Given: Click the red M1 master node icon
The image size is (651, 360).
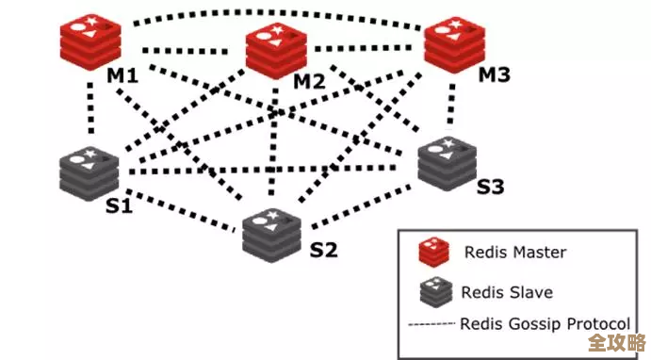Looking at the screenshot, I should [x=90, y=39].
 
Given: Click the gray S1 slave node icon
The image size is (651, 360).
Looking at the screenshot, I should [x=88, y=172].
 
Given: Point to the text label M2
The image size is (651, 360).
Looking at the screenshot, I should [x=309, y=81].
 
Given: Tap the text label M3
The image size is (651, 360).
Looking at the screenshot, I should [x=496, y=74].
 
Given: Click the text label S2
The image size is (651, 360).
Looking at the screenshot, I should [x=323, y=251].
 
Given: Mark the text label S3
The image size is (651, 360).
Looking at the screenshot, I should [x=490, y=187].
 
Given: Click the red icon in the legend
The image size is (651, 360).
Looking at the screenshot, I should [x=432, y=252].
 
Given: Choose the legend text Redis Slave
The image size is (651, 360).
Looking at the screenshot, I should [x=506, y=291].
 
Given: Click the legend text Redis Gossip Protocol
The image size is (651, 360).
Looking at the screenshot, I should [x=545, y=323].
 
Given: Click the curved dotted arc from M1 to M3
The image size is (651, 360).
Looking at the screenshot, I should [x=273, y=13].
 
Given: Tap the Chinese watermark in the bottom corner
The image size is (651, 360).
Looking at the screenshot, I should [x=614, y=341].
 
